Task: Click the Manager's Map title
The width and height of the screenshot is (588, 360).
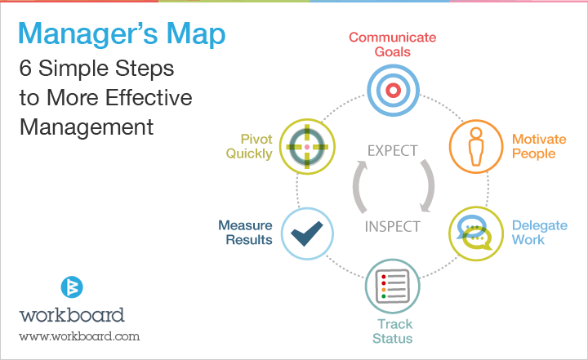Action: pos(122,34)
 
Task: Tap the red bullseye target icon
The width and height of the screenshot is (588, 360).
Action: pos(393,91)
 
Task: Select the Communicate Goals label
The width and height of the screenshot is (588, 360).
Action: pos(393,45)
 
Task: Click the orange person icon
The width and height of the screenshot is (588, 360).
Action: pos(476,147)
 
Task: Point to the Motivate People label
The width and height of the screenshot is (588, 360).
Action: pos(539,146)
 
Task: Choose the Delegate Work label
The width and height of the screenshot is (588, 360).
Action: pos(540,233)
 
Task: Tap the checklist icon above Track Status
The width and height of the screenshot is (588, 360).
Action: pos(393,287)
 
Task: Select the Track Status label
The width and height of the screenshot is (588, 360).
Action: pos(393,331)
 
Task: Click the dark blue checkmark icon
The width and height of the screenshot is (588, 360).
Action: pos(307,233)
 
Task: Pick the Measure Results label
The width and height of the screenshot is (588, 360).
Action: pos(246,233)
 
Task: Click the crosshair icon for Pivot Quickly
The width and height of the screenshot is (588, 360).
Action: pos(307,147)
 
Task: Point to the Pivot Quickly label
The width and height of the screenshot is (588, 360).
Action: pos(249,147)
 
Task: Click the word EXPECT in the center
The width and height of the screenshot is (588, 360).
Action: pos(392,151)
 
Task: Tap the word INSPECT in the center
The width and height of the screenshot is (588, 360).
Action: pos(393,226)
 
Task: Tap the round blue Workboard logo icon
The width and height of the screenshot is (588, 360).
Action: pos(72,287)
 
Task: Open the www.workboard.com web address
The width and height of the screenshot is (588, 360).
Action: pos(79,336)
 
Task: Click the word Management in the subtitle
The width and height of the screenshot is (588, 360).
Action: pos(87,127)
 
